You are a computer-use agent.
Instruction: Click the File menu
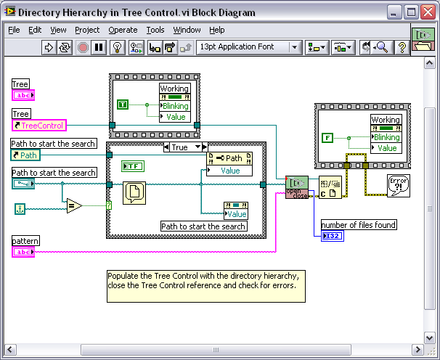[14, 30]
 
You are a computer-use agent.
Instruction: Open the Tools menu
[155, 30]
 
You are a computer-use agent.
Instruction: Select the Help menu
[216, 30]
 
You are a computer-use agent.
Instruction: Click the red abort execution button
[83, 47]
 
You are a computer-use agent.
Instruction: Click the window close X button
[427, 12]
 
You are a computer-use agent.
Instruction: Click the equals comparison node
[72, 206]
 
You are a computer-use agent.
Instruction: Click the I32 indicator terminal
[331, 236]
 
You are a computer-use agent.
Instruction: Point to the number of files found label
[359, 225]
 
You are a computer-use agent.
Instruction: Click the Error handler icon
[399, 186]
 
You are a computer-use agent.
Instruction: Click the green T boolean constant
[123, 105]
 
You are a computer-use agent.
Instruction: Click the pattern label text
[25, 240]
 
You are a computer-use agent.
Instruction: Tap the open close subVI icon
[296, 187]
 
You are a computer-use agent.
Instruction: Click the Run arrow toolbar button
[49, 47]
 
